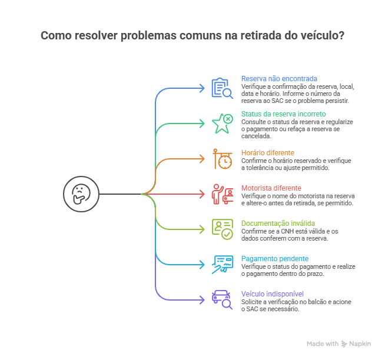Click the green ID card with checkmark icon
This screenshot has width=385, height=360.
[x=223, y=229]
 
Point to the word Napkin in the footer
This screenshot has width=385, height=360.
[x=360, y=344]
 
